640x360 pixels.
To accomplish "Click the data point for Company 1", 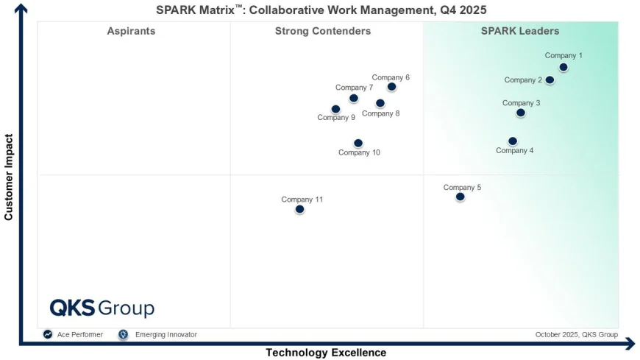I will [x=563, y=67].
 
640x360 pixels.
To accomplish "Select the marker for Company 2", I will [x=550, y=80].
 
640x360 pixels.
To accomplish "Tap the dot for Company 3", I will [x=521, y=113].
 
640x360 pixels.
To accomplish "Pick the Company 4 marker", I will [x=513, y=141].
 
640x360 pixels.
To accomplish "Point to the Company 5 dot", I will [x=461, y=197].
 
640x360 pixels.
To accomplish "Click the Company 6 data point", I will [x=391, y=87].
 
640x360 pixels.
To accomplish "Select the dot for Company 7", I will [x=354, y=98].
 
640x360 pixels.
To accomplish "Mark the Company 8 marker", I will [x=380, y=104].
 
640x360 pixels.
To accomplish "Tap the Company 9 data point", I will [x=336, y=109].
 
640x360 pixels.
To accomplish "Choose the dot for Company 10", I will [x=358, y=144].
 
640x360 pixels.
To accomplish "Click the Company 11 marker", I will [x=299, y=209].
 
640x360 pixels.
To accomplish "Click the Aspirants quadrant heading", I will [x=131, y=31].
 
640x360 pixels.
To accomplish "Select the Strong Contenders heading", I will [x=323, y=31].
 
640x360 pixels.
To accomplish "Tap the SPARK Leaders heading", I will [x=520, y=31].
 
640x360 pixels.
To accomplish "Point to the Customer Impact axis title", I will [x=9, y=177].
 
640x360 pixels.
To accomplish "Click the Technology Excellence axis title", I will [x=326, y=353].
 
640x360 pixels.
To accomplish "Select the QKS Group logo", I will [x=102, y=308].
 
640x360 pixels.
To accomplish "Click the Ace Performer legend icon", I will [x=48, y=334].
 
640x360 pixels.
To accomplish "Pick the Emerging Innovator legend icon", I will [x=123, y=334].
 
